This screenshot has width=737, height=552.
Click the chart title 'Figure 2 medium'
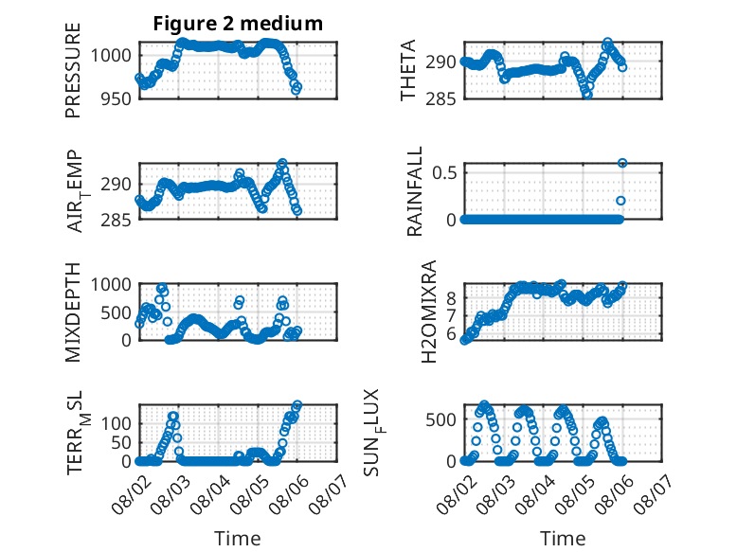[238, 24]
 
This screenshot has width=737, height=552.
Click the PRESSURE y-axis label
[73, 70]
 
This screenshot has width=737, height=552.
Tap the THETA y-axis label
[408, 70]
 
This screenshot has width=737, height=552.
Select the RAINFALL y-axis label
[414, 191]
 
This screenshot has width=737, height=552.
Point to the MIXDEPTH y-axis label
[73, 312]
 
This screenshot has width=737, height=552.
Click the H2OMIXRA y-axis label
[429, 312]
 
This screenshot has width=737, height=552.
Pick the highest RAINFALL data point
[622, 163]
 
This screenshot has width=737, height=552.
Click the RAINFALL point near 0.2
[620, 201]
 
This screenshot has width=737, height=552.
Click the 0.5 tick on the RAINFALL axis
[444, 172]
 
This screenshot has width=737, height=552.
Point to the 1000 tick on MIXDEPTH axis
[111, 284]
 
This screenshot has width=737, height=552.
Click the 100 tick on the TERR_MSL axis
[117, 424]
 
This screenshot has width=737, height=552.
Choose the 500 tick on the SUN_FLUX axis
[440, 419]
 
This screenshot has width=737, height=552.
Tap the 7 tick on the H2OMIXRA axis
[452, 315]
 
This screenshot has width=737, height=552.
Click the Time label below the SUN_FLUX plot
[563, 538]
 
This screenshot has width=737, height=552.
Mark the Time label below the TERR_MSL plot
[238, 538]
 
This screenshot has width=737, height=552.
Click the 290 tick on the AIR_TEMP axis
[117, 184]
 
